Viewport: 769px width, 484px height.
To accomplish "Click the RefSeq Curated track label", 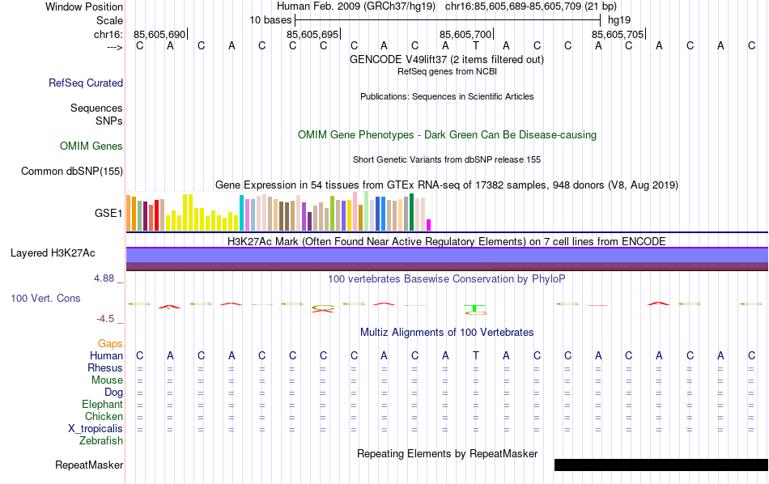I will point(86,83).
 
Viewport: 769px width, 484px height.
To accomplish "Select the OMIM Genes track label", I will point(91,146).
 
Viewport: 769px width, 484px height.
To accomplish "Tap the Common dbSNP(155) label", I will point(72,171).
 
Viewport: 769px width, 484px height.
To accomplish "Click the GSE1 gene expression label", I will point(108,214).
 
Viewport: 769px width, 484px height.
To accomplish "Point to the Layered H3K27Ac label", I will point(53,253).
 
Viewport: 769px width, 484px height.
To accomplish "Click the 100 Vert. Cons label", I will point(45,298).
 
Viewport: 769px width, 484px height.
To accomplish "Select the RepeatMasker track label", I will point(89,465).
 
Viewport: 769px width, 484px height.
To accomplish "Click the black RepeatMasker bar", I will point(661,465).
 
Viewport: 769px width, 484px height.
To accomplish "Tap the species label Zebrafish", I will point(101,440).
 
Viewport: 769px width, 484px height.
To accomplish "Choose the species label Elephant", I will point(102,404).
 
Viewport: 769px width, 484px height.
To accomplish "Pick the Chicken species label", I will point(104,416).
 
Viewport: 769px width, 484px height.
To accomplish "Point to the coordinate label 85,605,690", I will point(159,34).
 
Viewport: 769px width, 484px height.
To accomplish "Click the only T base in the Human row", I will point(476,355).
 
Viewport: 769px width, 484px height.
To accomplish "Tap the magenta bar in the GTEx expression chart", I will point(429,224).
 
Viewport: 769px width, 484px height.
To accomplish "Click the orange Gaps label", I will point(110,343).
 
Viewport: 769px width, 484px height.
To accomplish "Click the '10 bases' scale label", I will point(268,19).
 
